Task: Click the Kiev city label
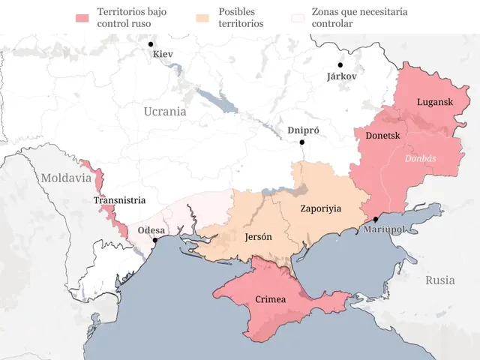[x=162, y=54]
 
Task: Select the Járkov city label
[x=342, y=76]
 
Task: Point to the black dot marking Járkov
[x=340, y=65]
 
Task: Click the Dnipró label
[x=304, y=130]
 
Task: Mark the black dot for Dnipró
[x=302, y=142]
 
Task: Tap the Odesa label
[x=151, y=230]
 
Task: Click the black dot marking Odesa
[x=155, y=241]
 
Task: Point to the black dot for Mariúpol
[x=376, y=219]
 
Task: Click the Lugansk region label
[x=435, y=102]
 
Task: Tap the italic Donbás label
[x=421, y=159]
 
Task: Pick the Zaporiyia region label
[x=320, y=208]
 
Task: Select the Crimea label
[x=271, y=299]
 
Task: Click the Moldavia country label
[x=65, y=178]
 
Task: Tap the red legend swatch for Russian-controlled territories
[x=82, y=16]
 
